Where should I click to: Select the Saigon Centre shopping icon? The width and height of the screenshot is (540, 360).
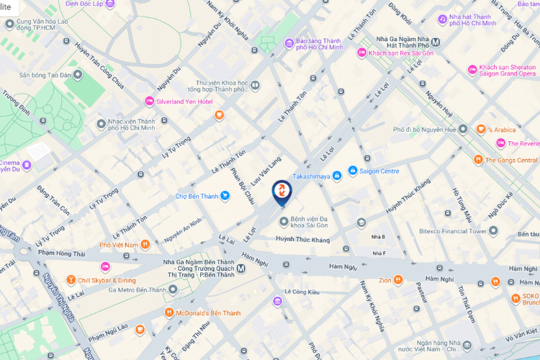click(353, 171)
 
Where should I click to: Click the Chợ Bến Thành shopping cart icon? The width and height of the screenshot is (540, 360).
click(225, 195)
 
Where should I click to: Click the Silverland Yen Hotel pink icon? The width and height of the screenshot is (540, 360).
click(150, 102)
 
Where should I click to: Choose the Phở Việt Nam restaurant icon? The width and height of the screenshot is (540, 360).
click(145, 245)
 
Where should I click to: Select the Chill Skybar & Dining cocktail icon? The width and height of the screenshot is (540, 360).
click(71, 279)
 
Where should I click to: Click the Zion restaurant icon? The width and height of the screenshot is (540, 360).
click(398, 279)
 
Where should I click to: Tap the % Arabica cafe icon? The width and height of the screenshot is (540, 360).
click(481, 129)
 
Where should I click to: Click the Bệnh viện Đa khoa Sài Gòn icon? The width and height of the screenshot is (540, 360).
click(283, 220)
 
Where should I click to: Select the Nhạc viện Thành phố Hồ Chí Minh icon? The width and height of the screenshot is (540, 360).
click(102, 125)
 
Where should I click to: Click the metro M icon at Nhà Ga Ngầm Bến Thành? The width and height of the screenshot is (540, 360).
click(241, 269)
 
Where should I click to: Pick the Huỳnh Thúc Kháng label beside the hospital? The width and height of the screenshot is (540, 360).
click(302, 239)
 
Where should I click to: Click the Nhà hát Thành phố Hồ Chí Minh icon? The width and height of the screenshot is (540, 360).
click(441, 17)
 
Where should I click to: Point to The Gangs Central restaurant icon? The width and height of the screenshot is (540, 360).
click(477, 160)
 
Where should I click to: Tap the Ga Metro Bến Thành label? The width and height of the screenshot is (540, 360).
click(137, 290)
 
